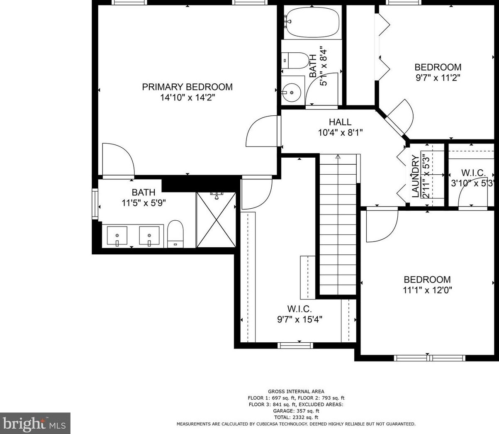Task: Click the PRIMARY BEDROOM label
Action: pos(187,87)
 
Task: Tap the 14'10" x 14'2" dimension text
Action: pos(187,98)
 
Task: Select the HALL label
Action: pos(340,122)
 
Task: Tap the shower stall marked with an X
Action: pos(217,220)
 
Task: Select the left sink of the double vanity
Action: pos(117,236)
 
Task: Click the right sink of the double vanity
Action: pos(149,236)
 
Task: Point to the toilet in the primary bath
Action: pos(175,234)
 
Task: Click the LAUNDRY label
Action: pos(415,175)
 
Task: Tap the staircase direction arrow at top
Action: pos(338,157)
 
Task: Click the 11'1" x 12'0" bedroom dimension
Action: pos(427,290)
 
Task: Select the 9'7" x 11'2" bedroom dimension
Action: pos(438,78)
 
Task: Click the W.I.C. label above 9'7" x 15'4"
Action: pos(299,309)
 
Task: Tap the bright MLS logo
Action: pos(35,423)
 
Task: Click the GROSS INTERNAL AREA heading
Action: pos(296,391)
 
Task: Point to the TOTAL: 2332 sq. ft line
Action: pos(296,417)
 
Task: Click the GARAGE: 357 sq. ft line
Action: pos(296,411)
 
